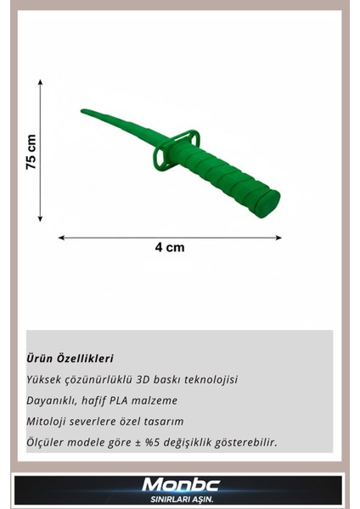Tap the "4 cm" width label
pyautogui.click(x=170, y=248)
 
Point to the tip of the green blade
pyautogui.click(x=83, y=109)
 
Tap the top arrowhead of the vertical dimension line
pyautogui.click(x=40, y=83)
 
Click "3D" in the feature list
pyautogui.click(x=145, y=379)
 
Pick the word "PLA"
pyautogui.click(x=141, y=400)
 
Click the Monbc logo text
pyautogui.click(x=179, y=484)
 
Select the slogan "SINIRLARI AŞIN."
pyautogui.click(x=179, y=499)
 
